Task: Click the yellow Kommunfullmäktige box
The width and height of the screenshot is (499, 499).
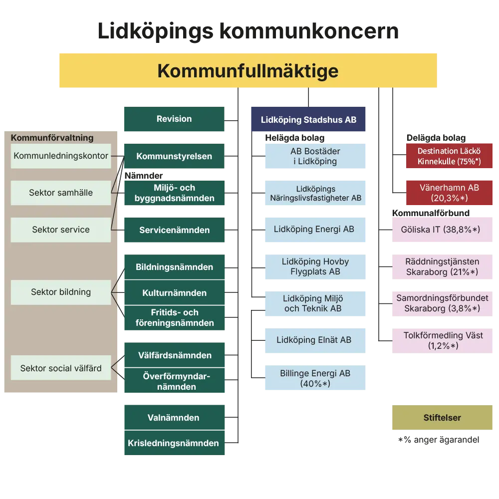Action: (x=248, y=70)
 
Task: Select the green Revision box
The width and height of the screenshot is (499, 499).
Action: (x=175, y=119)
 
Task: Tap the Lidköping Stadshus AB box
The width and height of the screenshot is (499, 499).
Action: (x=308, y=120)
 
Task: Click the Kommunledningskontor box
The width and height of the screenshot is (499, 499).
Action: (x=61, y=156)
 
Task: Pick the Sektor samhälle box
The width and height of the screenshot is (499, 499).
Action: (x=61, y=193)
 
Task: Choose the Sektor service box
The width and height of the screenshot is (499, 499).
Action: (x=61, y=230)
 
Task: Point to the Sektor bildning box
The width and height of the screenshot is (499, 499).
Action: (x=61, y=292)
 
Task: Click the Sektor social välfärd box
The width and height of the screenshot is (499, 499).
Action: (x=61, y=368)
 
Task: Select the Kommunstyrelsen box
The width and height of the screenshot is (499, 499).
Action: (x=175, y=157)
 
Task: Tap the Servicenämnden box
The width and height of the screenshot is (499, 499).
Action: (x=175, y=230)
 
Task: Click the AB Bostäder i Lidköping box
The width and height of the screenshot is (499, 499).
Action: (x=315, y=157)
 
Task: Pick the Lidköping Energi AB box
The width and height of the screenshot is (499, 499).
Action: (x=315, y=230)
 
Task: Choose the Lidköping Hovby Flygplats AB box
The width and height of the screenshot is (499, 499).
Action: (x=315, y=266)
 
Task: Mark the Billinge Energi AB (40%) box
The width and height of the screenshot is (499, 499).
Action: (x=315, y=378)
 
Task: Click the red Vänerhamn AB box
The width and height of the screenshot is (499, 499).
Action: (x=449, y=193)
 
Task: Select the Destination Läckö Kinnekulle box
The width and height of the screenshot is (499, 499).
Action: (x=449, y=156)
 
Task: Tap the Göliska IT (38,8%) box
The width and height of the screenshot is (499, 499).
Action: (x=443, y=230)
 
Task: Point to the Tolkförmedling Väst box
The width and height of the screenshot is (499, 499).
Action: (x=443, y=340)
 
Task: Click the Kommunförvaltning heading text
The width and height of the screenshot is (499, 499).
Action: (x=52, y=138)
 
